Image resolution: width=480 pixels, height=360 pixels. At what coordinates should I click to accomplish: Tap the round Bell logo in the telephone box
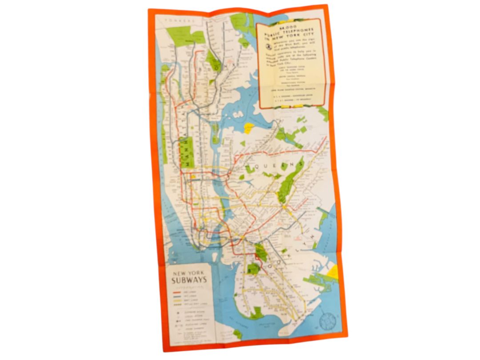click(x=268, y=46)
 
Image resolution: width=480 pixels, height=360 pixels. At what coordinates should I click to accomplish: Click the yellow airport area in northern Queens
click(x=249, y=128)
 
